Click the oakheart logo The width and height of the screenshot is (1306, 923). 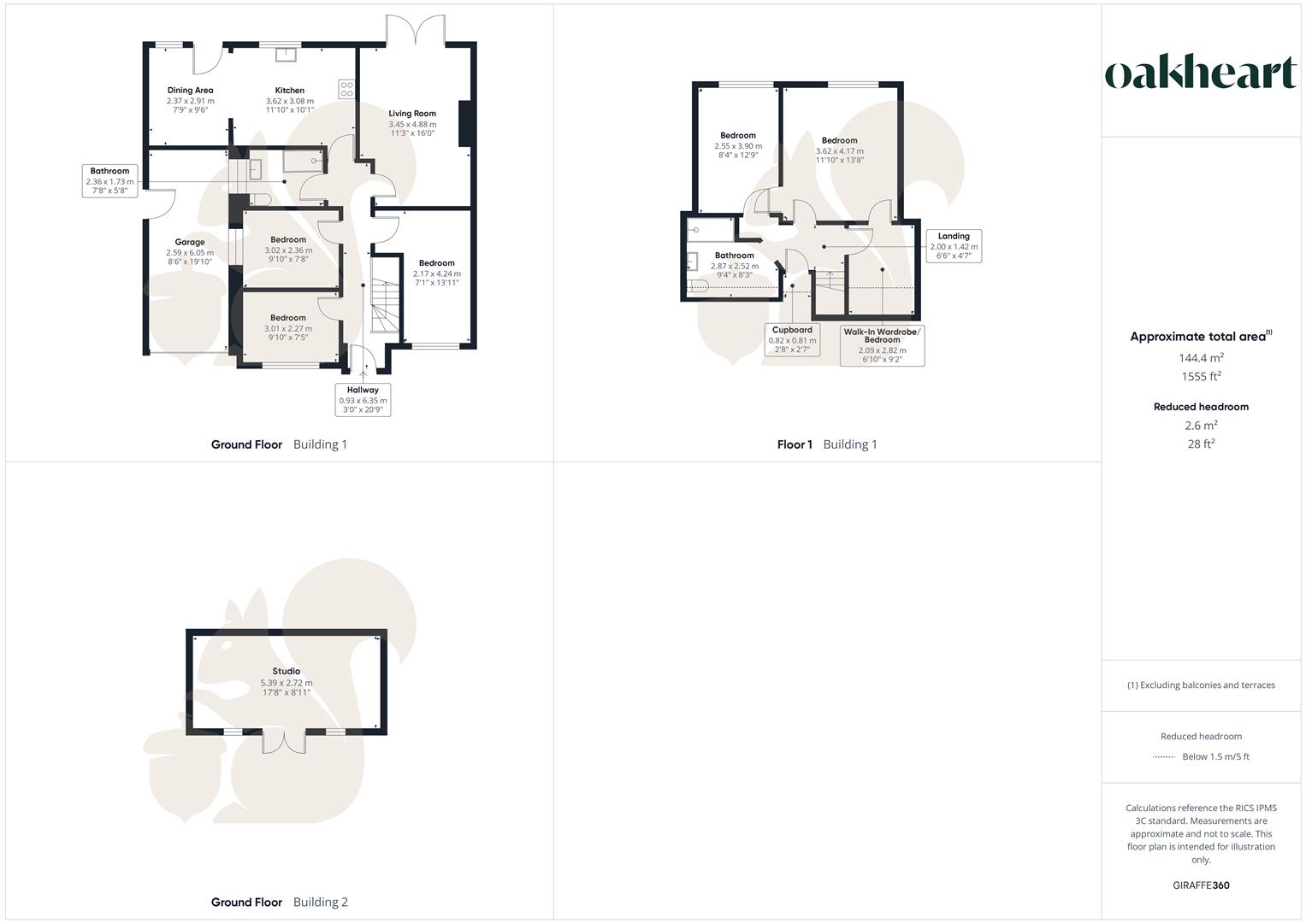(1200, 73)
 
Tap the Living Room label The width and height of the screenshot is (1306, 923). (412, 114)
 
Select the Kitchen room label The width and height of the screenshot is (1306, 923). (289, 91)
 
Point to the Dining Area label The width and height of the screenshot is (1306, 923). (190, 91)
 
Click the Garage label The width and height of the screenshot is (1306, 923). (190, 243)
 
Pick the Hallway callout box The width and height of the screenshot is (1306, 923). (363, 400)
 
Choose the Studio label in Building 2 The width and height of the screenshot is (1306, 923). (287, 672)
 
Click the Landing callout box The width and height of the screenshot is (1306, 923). (954, 246)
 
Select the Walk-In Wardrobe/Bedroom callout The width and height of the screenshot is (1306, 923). (882, 345)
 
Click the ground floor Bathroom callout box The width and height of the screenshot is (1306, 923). (109, 181)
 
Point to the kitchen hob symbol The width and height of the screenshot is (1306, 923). (347, 90)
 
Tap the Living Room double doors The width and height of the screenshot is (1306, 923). (415, 30)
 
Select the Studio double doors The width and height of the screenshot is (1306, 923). (284, 742)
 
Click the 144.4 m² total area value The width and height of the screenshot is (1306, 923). (1201, 358)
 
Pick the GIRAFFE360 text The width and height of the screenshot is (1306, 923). (1201, 885)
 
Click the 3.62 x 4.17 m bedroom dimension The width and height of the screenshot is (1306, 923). (839, 151)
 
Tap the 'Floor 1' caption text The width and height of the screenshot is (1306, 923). (795, 444)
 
